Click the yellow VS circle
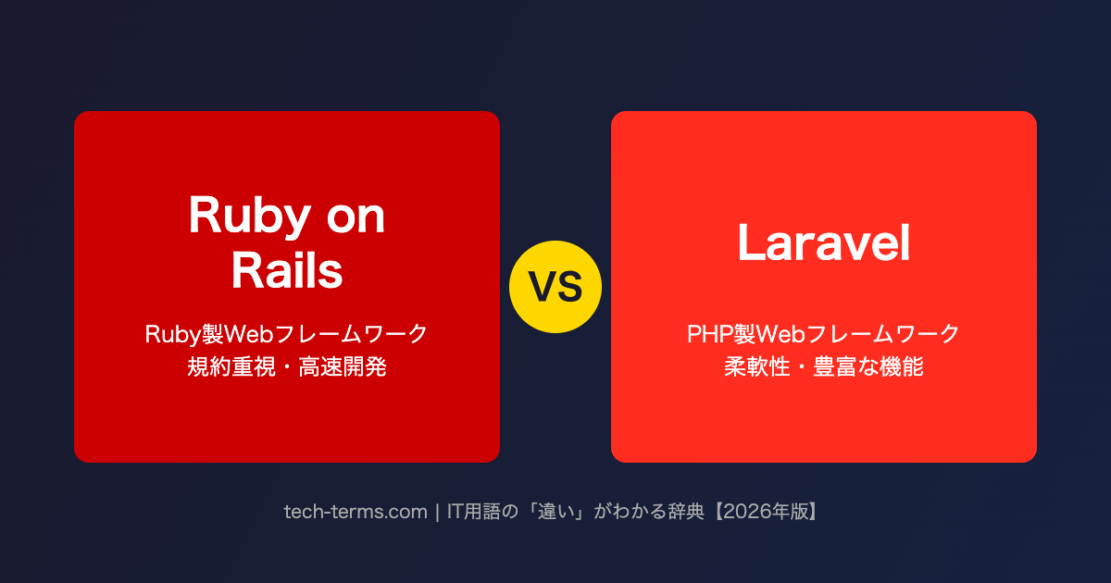pos(555,287)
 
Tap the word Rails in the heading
pos(287,271)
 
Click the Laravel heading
pos(824,243)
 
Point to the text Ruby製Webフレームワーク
pos(287,333)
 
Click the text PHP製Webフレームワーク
pos(824,333)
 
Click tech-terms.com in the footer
pos(356,511)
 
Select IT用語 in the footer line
pos(477,511)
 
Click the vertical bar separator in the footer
pos(436,511)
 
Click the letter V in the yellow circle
pos(543,288)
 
